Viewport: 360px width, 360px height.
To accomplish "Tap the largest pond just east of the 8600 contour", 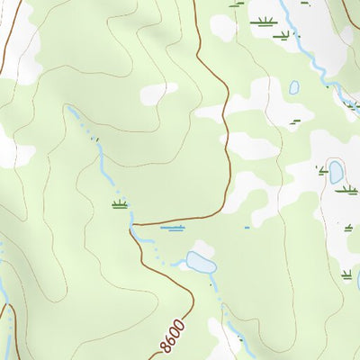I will tap(200, 263).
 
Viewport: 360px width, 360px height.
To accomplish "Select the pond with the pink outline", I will tap(336, 171).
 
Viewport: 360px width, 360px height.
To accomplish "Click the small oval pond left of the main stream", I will tap(294, 87).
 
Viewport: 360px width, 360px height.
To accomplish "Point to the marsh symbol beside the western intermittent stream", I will tap(119, 204).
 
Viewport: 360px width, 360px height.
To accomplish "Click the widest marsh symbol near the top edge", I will tap(264, 22).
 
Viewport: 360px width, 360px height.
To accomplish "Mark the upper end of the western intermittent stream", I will tap(68, 108).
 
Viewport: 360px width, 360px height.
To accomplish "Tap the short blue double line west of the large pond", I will tap(172, 228).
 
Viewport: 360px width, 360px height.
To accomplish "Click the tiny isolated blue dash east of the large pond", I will tap(247, 228).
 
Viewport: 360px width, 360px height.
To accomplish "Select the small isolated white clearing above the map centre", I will tap(158, 93).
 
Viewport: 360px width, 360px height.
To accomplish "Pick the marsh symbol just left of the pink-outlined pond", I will tap(321, 169).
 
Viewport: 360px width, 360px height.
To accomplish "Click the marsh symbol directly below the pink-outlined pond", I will tap(346, 189).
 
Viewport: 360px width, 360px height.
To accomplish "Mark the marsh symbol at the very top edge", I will tap(236, 4).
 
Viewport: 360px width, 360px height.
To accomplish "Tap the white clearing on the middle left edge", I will tap(9, 148).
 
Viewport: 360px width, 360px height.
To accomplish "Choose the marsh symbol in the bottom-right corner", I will tap(346, 274).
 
